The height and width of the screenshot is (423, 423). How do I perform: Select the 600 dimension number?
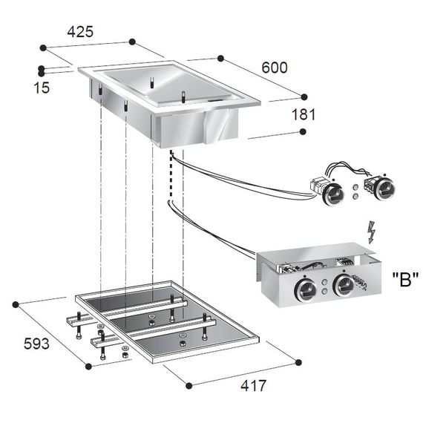click(x=274, y=67)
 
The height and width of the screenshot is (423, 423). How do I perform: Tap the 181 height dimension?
click(x=303, y=114)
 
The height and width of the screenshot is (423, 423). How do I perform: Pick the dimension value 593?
click(x=36, y=344)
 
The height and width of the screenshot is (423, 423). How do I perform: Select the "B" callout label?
click(x=405, y=280)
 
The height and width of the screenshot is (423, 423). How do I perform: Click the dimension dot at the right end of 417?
click(x=298, y=363)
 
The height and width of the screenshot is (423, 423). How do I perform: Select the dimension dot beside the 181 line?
click(x=304, y=131)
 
